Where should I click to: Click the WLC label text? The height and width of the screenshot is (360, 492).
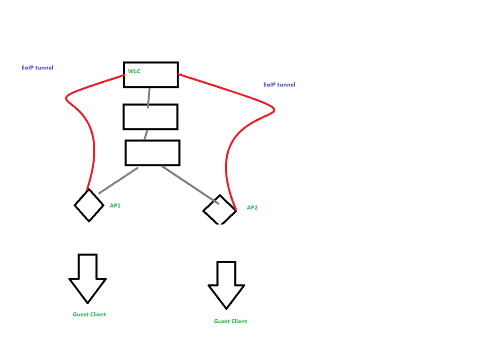point(134,71)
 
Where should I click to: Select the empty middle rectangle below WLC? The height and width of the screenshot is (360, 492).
point(150,117)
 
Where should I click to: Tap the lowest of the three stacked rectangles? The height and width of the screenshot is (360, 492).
point(152,152)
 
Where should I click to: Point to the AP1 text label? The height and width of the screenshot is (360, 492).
point(115,206)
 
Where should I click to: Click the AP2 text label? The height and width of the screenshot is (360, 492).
point(252,208)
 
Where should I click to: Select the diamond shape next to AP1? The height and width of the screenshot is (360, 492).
point(89,205)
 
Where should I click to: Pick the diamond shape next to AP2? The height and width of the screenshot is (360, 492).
point(219,210)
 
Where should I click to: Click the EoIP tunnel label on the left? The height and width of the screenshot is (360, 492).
point(38,68)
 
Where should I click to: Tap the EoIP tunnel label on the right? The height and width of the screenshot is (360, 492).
point(279,85)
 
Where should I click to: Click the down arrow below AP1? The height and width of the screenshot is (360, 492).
point(88,277)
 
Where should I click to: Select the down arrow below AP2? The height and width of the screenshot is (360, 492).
point(226,284)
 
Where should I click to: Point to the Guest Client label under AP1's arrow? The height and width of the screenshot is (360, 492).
point(89,314)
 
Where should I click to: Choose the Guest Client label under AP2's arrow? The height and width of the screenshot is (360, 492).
point(230,321)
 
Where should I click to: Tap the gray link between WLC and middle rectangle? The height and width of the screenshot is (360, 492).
point(148,97)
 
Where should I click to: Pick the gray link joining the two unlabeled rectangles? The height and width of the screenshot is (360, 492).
point(146,135)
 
